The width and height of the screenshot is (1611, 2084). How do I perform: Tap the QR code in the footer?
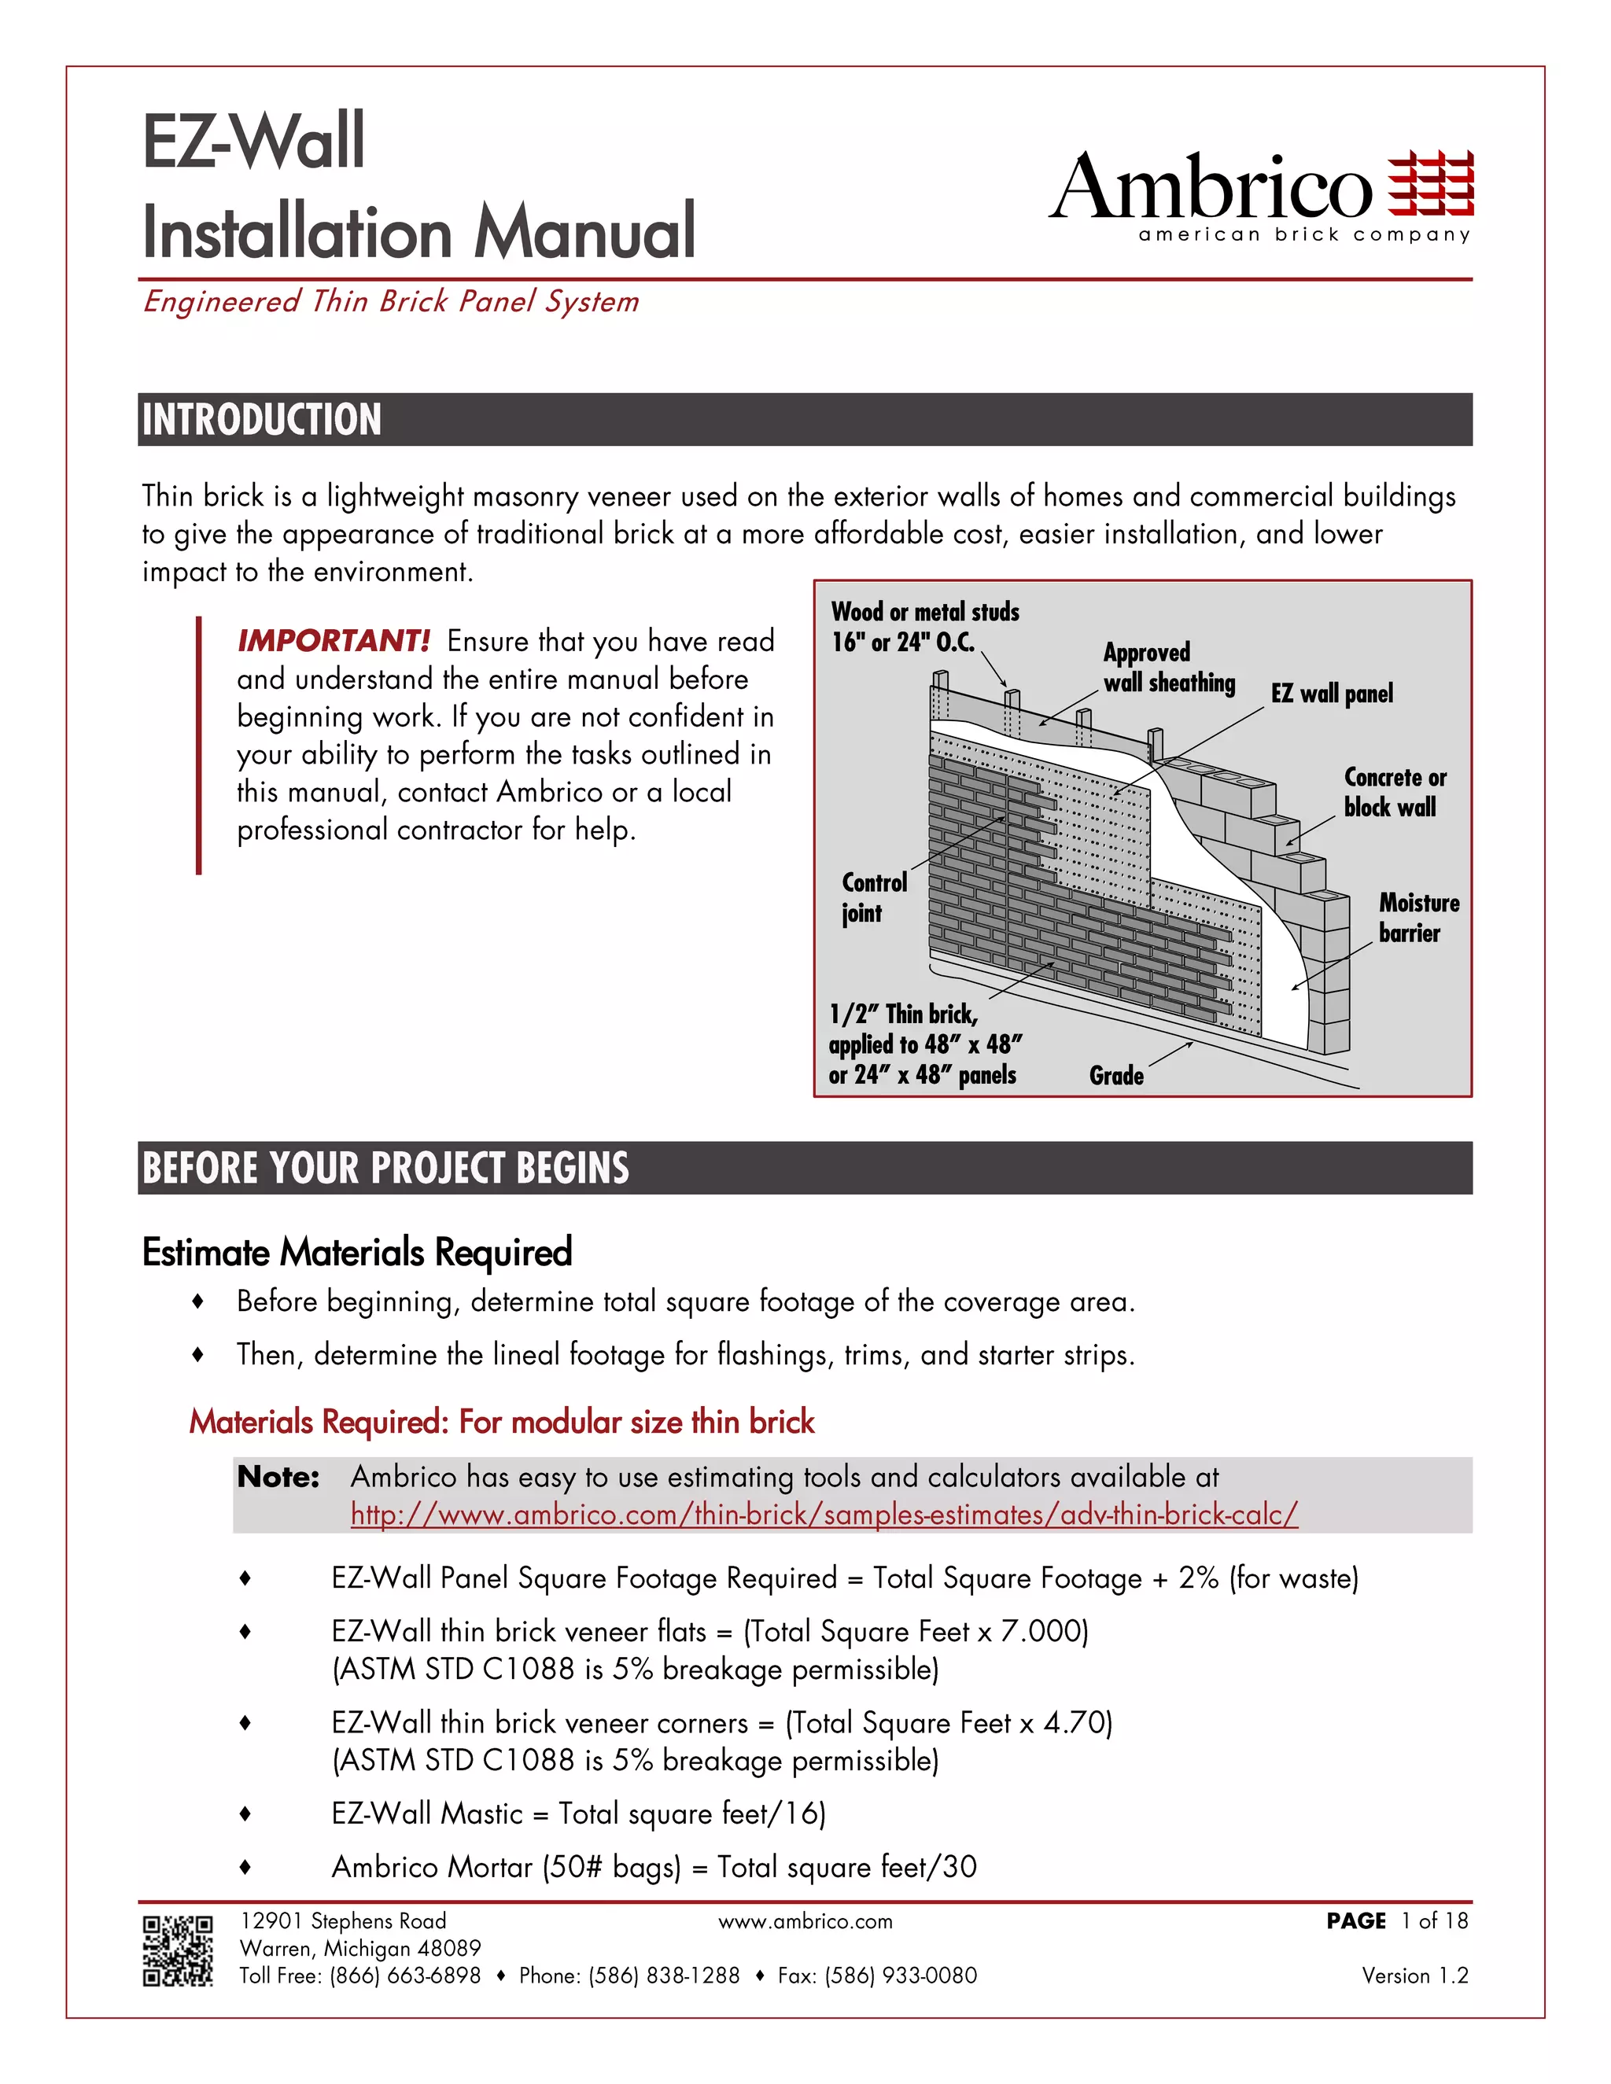178,1951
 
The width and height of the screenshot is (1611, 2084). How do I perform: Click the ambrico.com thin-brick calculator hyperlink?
824,1515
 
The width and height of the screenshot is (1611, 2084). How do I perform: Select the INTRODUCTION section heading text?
261,420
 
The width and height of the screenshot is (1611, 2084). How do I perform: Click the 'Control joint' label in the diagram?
873,898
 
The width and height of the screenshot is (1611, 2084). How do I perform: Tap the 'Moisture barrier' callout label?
1418,918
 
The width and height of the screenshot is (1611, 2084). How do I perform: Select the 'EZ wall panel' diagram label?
1332,694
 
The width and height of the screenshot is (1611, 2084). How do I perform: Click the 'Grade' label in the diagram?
1115,1077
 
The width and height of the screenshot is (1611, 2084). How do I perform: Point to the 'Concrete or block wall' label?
1395,792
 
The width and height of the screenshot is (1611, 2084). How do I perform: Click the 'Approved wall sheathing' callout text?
1168,667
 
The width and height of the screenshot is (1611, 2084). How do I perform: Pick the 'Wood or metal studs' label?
923,626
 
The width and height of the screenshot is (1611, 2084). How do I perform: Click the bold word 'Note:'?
278,1477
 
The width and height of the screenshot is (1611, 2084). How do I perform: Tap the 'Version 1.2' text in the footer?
1414,1975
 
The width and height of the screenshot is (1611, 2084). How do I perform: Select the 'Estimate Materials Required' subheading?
357,1252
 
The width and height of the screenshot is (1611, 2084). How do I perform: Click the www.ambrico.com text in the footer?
805,1922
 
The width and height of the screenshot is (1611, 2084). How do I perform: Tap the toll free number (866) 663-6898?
404,1975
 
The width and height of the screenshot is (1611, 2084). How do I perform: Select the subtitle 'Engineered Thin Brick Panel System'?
390,301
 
